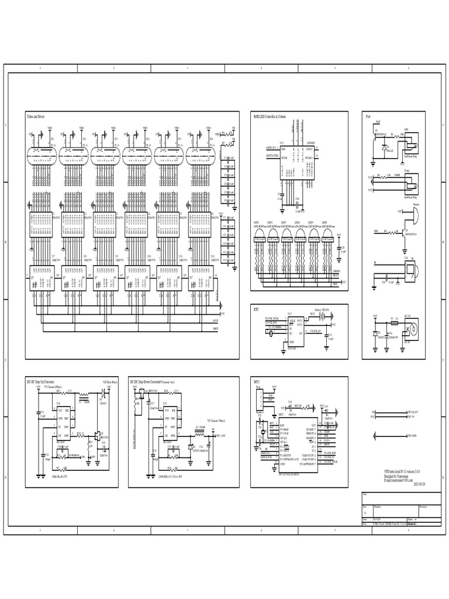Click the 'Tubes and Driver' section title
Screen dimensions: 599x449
point(36,117)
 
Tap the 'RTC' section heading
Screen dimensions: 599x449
point(255,308)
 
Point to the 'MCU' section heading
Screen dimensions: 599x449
point(256,381)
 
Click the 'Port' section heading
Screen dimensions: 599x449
point(368,117)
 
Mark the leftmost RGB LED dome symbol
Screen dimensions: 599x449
point(259,235)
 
